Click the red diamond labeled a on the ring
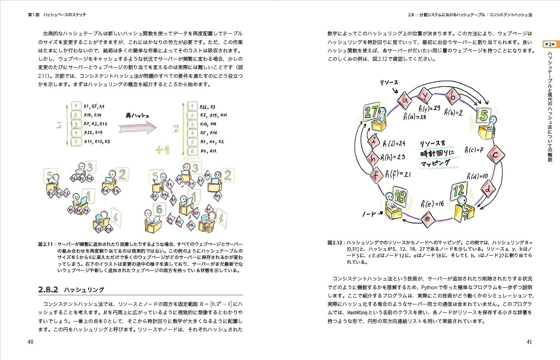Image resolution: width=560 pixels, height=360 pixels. pos(405,101)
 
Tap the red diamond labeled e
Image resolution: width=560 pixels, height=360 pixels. pos(428,219)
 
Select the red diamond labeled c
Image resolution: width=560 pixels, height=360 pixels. pos(496,155)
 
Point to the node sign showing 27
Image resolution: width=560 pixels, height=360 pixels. pos(372,112)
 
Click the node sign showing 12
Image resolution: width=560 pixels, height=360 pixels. pos(459,191)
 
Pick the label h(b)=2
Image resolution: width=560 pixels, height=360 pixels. pos(453,112)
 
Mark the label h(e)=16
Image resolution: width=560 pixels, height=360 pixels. pos(432,204)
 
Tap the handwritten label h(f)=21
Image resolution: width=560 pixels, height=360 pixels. pos(398,174)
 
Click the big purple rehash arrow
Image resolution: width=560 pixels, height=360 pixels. pos(138,128)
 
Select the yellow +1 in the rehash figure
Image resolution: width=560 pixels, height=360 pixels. pos(163,150)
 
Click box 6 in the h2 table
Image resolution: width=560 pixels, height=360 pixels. pos(192,151)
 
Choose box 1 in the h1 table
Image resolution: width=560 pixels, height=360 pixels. pos(76,106)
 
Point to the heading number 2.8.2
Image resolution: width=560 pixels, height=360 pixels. pos(48,290)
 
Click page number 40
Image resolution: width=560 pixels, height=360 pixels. pos(31,342)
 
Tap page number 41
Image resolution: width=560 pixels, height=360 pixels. pos(529,342)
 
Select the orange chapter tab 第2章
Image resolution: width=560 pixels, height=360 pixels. pos(550,44)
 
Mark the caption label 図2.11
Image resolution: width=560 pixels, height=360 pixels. pos(45,244)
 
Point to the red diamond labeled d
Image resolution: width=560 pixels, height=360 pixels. pos(488,189)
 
